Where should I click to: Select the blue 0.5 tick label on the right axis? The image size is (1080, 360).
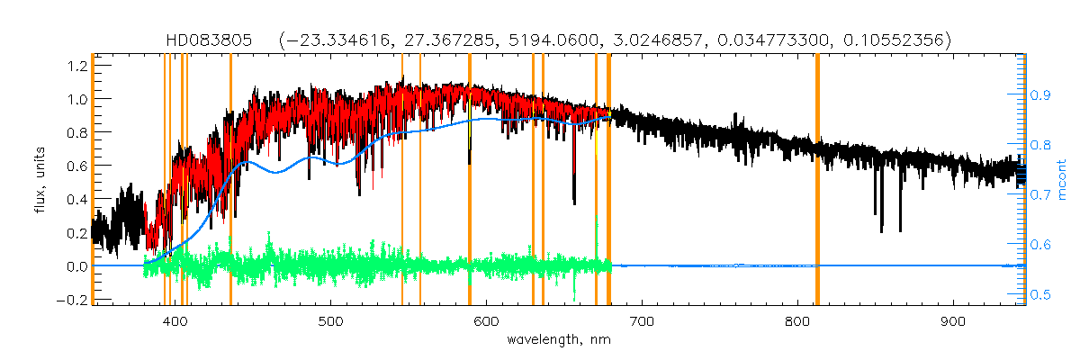pos(1040,294)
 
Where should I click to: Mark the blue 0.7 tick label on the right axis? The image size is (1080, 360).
pos(1040,194)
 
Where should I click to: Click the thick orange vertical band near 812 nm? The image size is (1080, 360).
pos(817,180)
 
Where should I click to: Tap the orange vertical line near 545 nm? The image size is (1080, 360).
pos(401,180)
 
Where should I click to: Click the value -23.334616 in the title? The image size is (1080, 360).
pos(328,40)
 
